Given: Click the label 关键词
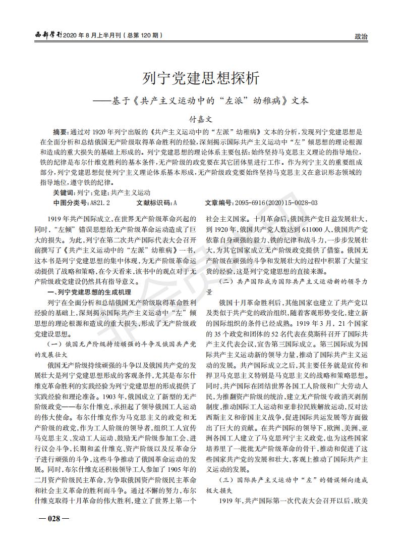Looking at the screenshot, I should tap(64, 192).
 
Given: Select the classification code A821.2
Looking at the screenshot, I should tap(100, 203).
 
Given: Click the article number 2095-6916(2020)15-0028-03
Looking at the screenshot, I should tap(276, 203).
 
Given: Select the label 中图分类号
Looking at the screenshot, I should tap(71, 203).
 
